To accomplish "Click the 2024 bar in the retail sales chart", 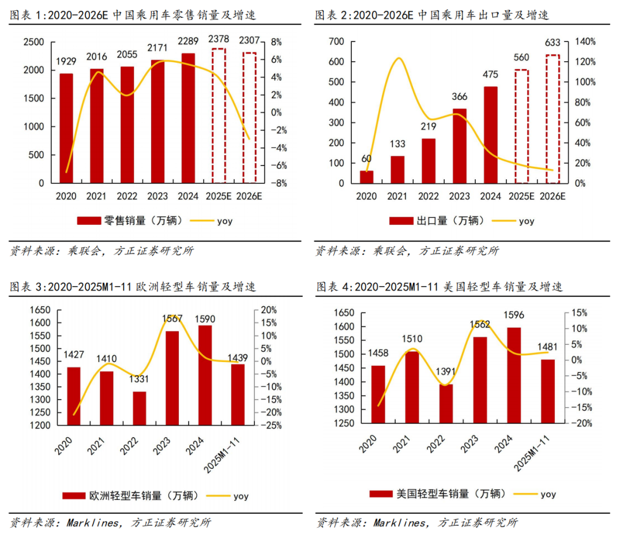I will pos(188,118).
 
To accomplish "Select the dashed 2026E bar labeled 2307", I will pos(249,118).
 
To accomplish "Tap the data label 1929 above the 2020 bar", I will pos(66,62).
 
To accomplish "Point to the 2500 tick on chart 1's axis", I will pos(33,42).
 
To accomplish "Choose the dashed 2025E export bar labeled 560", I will pos(521,126).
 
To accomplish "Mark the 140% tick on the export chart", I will pos(583,42).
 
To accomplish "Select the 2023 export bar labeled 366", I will pos(460,146).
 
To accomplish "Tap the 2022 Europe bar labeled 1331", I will pos(139,408).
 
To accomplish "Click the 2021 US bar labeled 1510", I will pos(411,387).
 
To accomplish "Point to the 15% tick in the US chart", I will pos(578,313).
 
